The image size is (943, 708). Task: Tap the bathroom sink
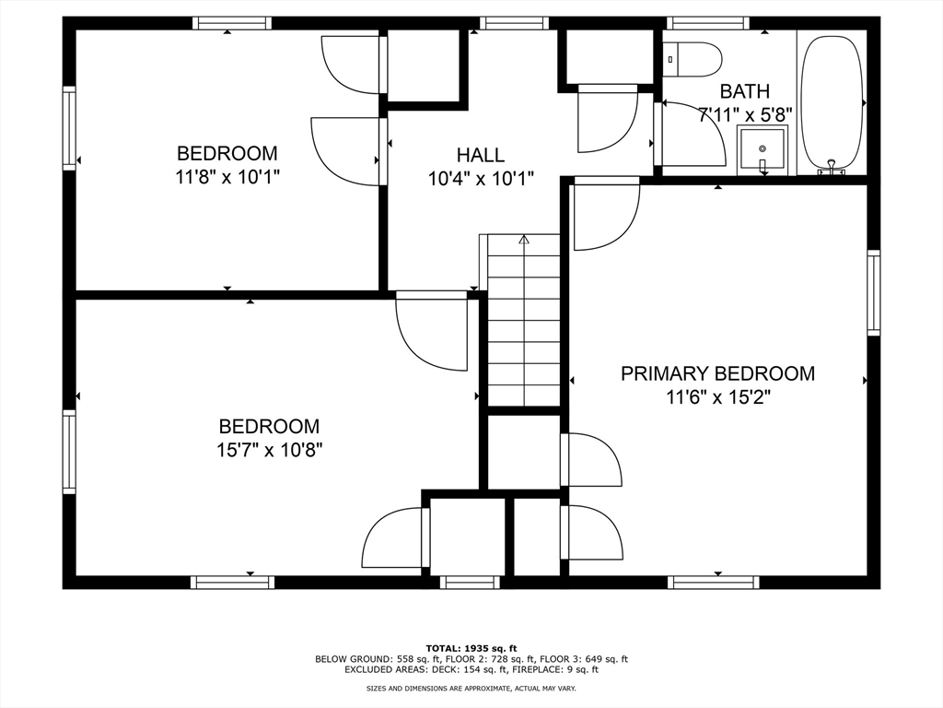pyautogui.click(x=763, y=150)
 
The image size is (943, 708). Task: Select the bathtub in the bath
pyautogui.click(x=832, y=103)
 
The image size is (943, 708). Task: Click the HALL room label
pyautogui.click(x=481, y=155)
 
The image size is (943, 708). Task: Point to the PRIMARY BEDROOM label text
pyautogui.click(x=717, y=373)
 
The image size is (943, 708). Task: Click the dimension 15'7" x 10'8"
pyautogui.click(x=269, y=450)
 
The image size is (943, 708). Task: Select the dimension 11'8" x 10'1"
pyautogui.click(x=227, y=177)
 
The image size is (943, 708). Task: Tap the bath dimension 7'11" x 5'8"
pyautogui.click(x=745, y=115)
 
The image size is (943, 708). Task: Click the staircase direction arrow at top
pyautogui.click(x=524, y=240)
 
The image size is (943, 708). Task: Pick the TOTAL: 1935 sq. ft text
pyautogui.click(x=471, y=648)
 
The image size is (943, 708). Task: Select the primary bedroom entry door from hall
pyautogui.click(x=605, y=215)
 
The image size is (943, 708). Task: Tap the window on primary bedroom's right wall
pyautogui.click(x=873, y=292)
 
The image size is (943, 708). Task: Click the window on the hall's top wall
pyautogui.click(x=514, y=23)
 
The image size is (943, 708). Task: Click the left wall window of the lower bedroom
pyautogui.click(x=69, y=452)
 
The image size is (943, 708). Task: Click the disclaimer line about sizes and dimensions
pyautogui.click(x=471, y=689)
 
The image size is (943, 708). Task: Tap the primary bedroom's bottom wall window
pyautogui.click(x=714, y=583)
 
